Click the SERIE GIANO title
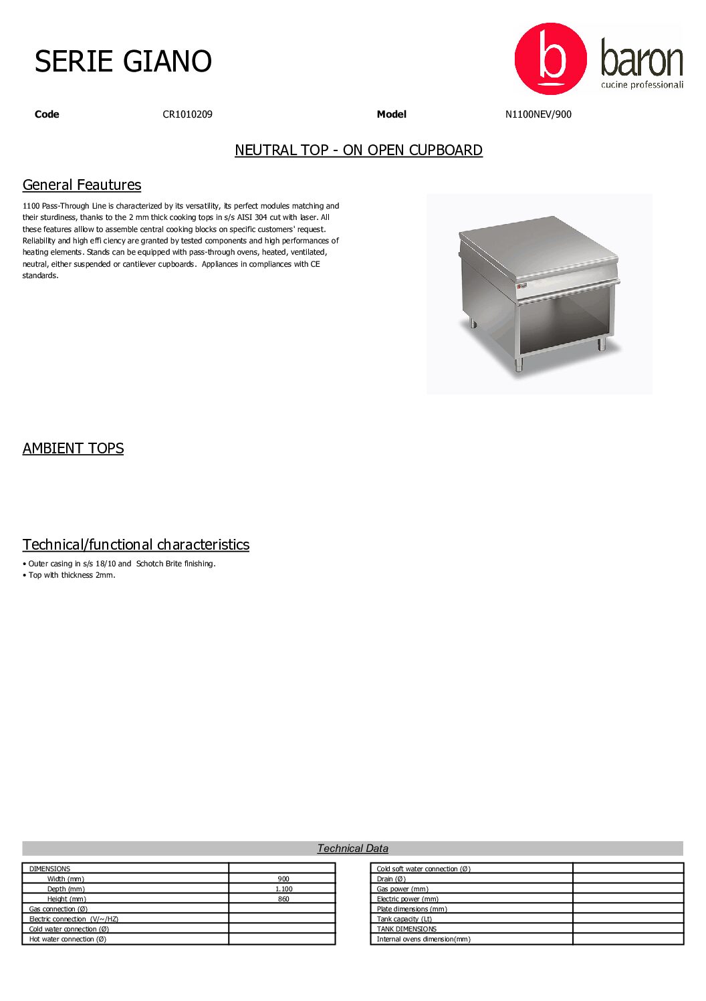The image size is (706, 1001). [x=123, y=62]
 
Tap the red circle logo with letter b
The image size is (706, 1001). [x=550, y=59]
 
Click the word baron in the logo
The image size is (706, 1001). [x=641, y=59]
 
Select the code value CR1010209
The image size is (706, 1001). [x=187, y=114]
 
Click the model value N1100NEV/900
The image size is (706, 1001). [x=538, y=114]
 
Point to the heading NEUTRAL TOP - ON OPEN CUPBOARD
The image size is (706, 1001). [x=358, y=150]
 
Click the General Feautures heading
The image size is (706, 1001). [x=82, y=185]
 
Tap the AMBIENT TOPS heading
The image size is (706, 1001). [x=73, y=448]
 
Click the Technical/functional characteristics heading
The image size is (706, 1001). [x=136, y=544]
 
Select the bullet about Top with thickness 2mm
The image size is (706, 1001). [x=72, y=575]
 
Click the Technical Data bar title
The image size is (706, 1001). [x=352, y=849]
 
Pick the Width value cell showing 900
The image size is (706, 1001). [x=283, y=879]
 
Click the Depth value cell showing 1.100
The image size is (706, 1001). [x=283, y=889]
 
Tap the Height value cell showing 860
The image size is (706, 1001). [x=283, y=899]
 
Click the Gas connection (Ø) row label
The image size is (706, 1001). [x=58, y=909]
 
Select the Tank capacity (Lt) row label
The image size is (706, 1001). [x=404, y=919]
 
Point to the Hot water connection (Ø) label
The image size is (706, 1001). [x=68, y=939]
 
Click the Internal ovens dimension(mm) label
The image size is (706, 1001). [x=423, y=939]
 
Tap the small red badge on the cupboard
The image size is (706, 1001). [x=522, y=286]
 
